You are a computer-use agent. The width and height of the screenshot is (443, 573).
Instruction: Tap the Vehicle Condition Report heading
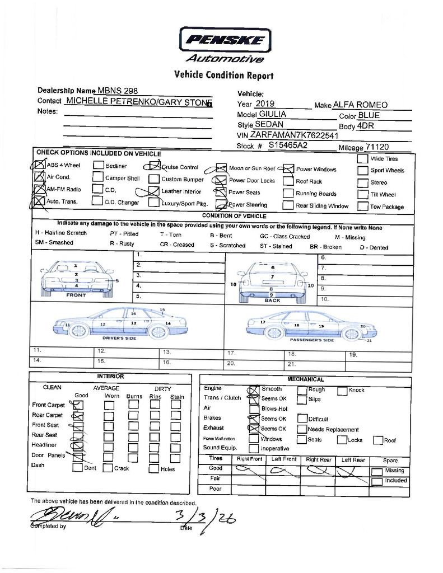click(224, 75)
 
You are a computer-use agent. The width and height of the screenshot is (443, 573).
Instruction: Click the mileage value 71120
click(377, 147)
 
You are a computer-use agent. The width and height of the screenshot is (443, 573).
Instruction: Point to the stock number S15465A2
click(288, 145)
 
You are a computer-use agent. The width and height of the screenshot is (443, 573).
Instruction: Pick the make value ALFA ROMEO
click(360, 105)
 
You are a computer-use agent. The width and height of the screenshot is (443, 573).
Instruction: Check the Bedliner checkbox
click(98, 166)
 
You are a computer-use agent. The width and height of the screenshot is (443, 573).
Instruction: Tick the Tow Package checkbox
click(362, 206)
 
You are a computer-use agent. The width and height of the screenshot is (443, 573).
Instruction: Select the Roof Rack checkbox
click(288, 181)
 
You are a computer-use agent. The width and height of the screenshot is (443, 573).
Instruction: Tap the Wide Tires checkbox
click(362, 158)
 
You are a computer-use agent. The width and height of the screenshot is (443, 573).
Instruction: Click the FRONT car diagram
click(76, 278)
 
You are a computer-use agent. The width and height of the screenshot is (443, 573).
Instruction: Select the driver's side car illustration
click(119, 323)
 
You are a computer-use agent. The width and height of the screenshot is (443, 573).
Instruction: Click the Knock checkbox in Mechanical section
click(342, 391)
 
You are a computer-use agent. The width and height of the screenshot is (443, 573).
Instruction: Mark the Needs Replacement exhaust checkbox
click(302, 429)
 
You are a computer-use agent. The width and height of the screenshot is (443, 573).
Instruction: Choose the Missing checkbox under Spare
click(377, 471)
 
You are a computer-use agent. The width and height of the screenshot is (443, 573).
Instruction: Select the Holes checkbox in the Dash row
click(153, 469)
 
